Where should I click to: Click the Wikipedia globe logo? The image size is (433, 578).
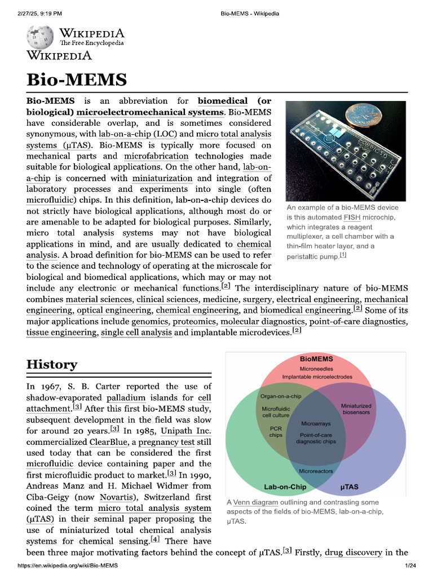[x=39, y=36]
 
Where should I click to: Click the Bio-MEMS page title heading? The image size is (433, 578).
[x=77, y=80]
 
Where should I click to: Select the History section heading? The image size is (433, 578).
[x=52, y=364]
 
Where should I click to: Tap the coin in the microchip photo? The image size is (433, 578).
[x=361, y=113]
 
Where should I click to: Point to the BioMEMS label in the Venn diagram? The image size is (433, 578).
[x=316, y=359]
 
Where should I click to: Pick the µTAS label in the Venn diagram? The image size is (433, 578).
[x=350, y=487]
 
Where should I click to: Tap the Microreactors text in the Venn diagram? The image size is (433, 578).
[x=316, y=471]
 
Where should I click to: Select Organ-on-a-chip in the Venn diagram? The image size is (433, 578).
[x=281, y=396]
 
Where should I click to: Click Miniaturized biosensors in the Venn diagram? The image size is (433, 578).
[x=356, y=409]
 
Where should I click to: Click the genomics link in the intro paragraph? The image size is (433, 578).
[x=150, y=321]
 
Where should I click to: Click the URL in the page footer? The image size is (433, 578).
[x=68, y=566]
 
